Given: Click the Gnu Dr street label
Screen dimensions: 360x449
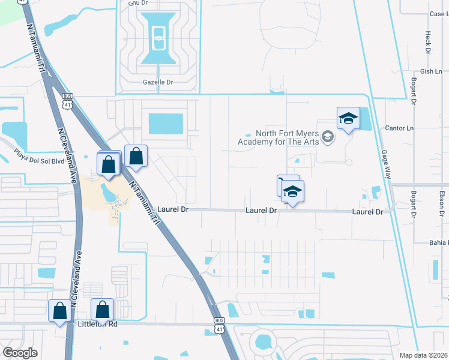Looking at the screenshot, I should pyautogui.click(x=137, y=3).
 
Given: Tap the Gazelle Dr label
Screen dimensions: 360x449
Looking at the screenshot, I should pyautogui.click(x=158, y=82).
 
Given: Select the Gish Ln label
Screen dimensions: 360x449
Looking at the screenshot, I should pyautogui.click(x=431, y=71).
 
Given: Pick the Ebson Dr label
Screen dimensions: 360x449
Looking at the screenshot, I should pyautogui.click(x=441, y=203).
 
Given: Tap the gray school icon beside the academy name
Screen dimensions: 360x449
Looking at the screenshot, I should pyautogui.click(x=327, y=137).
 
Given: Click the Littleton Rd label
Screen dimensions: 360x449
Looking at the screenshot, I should pyautogui.click(x=97, y=323).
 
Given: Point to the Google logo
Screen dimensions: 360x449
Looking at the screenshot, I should pyautogui.click(x=20, y=353).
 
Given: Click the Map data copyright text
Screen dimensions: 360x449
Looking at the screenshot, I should pyautogui.click(x=424, y=355).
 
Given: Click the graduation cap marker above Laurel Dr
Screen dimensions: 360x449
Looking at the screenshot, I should pyautogui.click(x=293, y=192).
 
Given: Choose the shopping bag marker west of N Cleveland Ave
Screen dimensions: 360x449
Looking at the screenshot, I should pyautogui.click(x=59, y=311).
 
